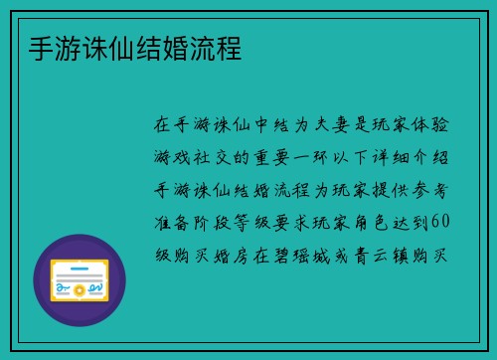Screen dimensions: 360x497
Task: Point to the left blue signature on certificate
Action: [62, 288]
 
